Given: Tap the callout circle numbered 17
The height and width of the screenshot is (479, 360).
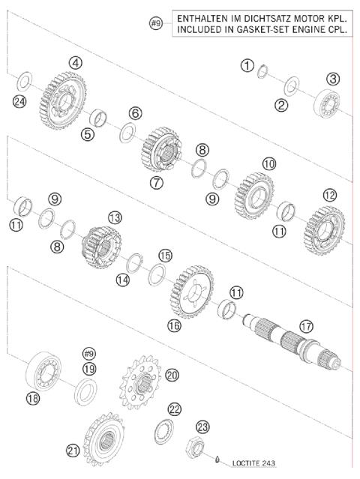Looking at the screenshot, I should pyautogui.click(x=304, y=327).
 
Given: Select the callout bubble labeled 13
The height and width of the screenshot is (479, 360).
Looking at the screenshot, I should pyautogui.click(x=115, y=217).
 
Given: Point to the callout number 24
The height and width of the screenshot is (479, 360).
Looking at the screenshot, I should pyautogui.click(x=20, y=102).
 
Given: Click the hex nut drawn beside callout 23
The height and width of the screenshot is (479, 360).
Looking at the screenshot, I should pyautogui.click(x=200, y=449).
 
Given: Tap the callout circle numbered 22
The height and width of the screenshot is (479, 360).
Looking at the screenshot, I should pyautogui.click(x=175, y=409).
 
